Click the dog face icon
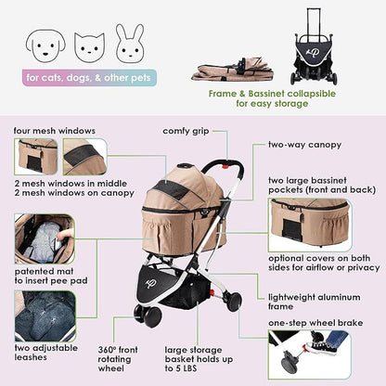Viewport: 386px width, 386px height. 45,45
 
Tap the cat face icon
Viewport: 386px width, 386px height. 89,47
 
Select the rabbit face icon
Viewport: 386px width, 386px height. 130,44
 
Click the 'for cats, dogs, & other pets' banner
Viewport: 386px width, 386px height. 89,77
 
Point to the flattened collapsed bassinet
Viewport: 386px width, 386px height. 232,71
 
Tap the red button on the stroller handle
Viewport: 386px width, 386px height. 225,166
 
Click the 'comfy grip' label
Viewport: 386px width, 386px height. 186,131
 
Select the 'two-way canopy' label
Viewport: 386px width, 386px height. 304,145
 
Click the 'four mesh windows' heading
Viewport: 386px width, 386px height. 55,131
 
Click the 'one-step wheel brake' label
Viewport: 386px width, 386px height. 315,323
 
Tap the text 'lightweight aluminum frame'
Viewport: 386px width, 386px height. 315,302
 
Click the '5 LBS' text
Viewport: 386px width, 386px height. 186,368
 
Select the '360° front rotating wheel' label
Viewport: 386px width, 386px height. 118,359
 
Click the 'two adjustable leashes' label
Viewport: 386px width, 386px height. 46,353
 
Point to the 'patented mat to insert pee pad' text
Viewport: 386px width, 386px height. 51,277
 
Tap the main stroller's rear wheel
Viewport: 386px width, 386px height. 234,302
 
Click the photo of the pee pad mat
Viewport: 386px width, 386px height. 45,238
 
